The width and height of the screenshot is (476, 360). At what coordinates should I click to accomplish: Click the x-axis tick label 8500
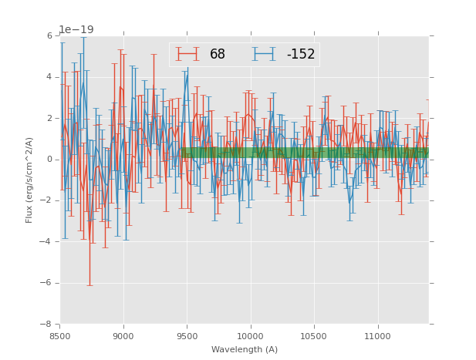(x=60, y=336)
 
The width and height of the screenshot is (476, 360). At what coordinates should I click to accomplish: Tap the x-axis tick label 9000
(x=123, y=336)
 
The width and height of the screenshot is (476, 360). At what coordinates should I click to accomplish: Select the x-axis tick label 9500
(x=187, y=336)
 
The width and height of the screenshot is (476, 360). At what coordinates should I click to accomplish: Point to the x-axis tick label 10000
(x=251, y=336)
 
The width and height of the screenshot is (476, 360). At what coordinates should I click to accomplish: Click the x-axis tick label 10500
(x=314, y=336)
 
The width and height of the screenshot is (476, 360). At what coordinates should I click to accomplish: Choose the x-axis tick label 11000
(x=377, y=336)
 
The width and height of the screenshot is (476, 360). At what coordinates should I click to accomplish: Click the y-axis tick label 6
(x=49, y=35)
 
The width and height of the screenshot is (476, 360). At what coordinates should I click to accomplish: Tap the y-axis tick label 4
(x=49, y=77)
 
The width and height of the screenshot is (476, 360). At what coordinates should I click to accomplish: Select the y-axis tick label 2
(x=49, y=118)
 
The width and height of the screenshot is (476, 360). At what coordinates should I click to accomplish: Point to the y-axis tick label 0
(x=49, y=160)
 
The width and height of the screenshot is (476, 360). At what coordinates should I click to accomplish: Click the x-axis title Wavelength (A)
(x=245, y=349)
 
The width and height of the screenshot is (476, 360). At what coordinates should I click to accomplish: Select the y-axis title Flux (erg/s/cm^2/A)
(x=29, y=180)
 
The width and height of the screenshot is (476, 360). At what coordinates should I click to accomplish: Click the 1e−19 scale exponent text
(x=76, y=29)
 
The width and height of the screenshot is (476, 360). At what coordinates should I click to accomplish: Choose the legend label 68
(x=218, y=55)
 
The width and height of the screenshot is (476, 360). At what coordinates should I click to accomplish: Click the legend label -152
(x=300, y=55)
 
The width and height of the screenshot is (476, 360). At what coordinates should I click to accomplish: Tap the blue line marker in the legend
(x=265, y=54)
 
